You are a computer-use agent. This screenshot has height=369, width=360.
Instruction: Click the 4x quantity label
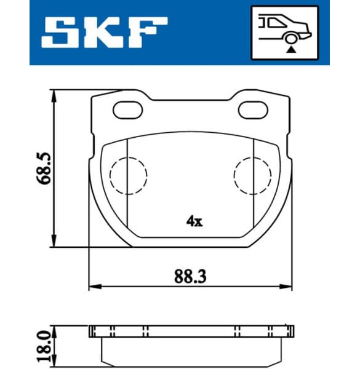tap(193, 221)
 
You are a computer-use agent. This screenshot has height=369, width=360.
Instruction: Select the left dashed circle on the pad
tap(128, 176)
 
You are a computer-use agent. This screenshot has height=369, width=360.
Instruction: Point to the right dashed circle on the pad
tap(253, 176)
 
